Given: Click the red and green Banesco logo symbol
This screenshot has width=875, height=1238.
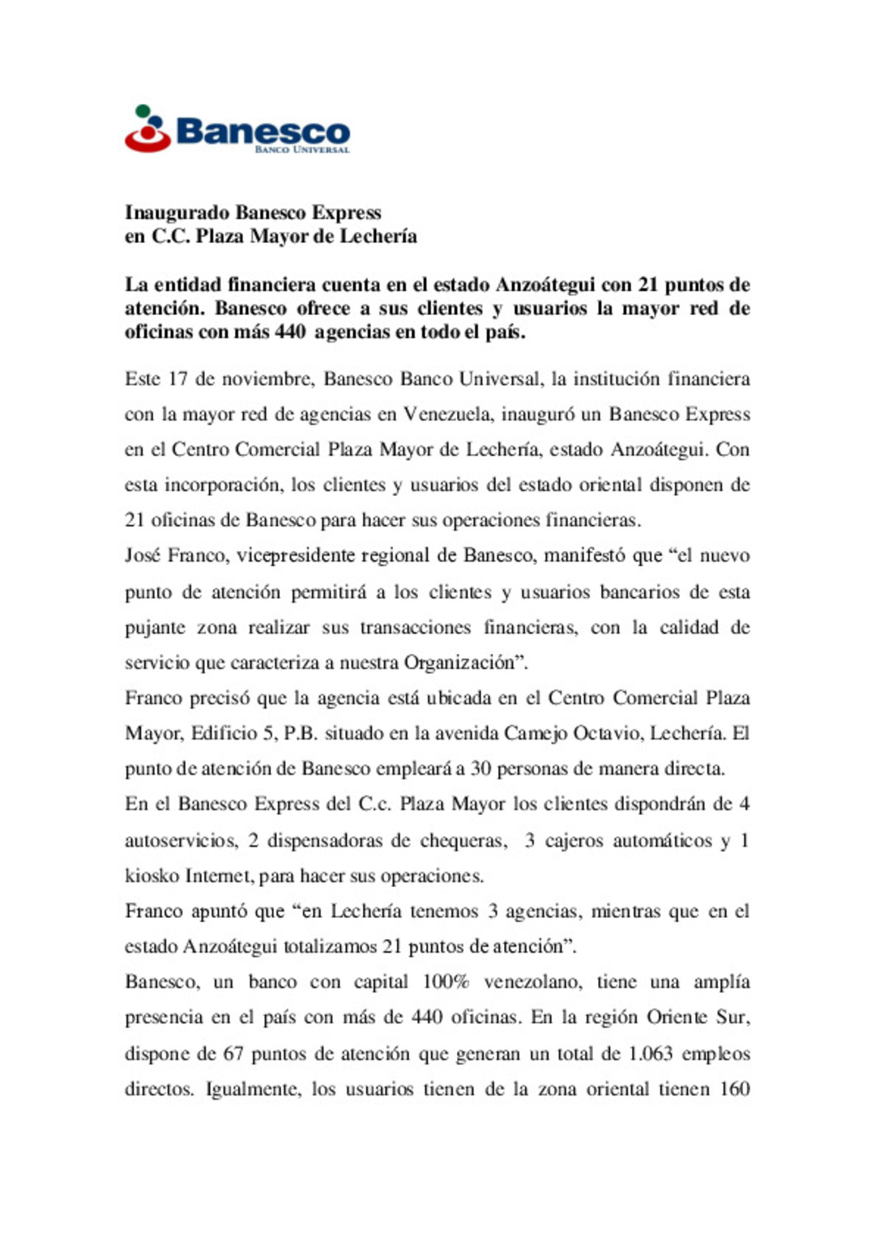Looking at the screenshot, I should click(x=147, y=130).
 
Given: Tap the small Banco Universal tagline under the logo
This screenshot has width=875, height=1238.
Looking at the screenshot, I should click(x=302, y=150).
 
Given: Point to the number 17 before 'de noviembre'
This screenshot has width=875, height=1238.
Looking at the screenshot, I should click(x=177, y=379).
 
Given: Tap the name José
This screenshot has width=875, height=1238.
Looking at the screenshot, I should click(x=142, y=556).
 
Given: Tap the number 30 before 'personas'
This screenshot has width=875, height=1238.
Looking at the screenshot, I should click(x=480, y=769).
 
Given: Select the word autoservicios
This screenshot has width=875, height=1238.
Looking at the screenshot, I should click(x=181, y=841).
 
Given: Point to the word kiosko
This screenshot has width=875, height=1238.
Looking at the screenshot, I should click(x=152, y=876).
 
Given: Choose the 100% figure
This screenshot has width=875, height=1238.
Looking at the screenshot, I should click(x=446, y=982).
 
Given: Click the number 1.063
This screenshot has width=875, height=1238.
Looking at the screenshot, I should click(x=651, y=1054).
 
